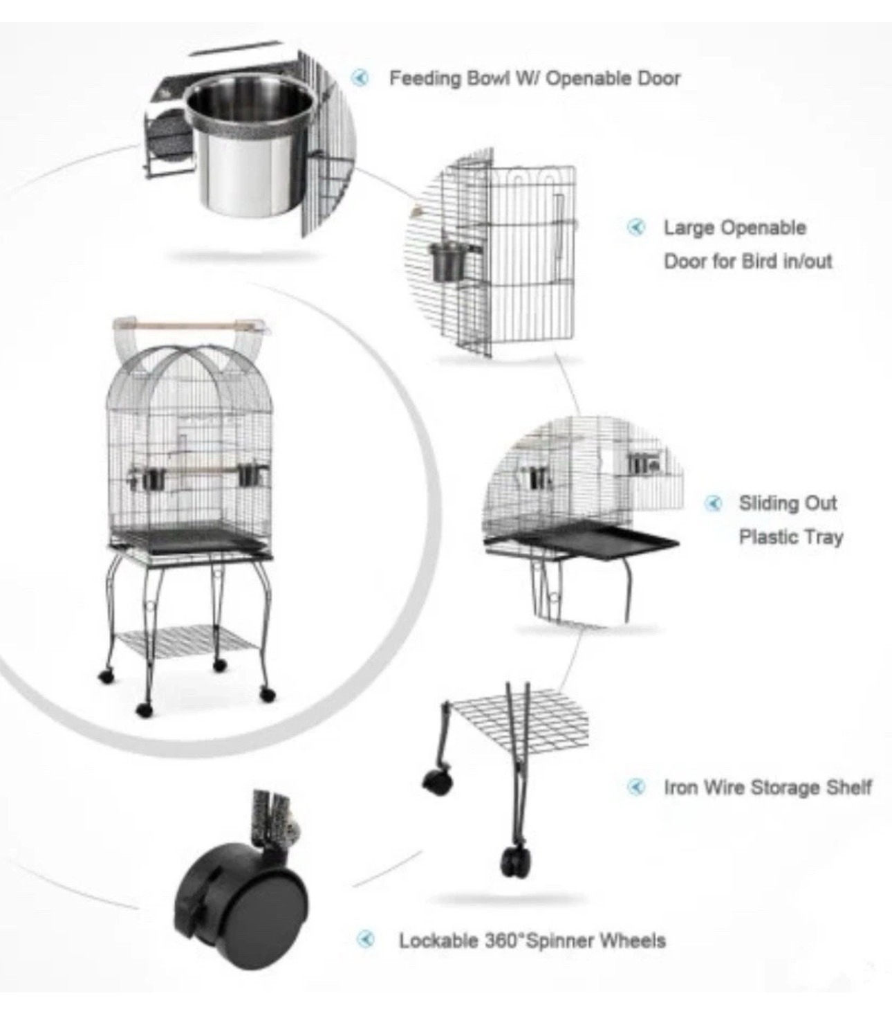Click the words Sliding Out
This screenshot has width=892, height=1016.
(788, 503)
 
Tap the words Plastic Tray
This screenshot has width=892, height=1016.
(790, 537)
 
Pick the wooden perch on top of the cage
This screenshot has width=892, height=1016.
(187, 324)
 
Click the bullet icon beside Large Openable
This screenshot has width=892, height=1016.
(636, 227)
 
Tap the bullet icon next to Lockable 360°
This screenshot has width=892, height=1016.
(366, 939)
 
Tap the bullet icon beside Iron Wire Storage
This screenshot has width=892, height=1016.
(636, 787)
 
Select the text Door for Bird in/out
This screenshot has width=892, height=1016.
(747, 262)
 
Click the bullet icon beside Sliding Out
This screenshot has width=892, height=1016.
(714, 503)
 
